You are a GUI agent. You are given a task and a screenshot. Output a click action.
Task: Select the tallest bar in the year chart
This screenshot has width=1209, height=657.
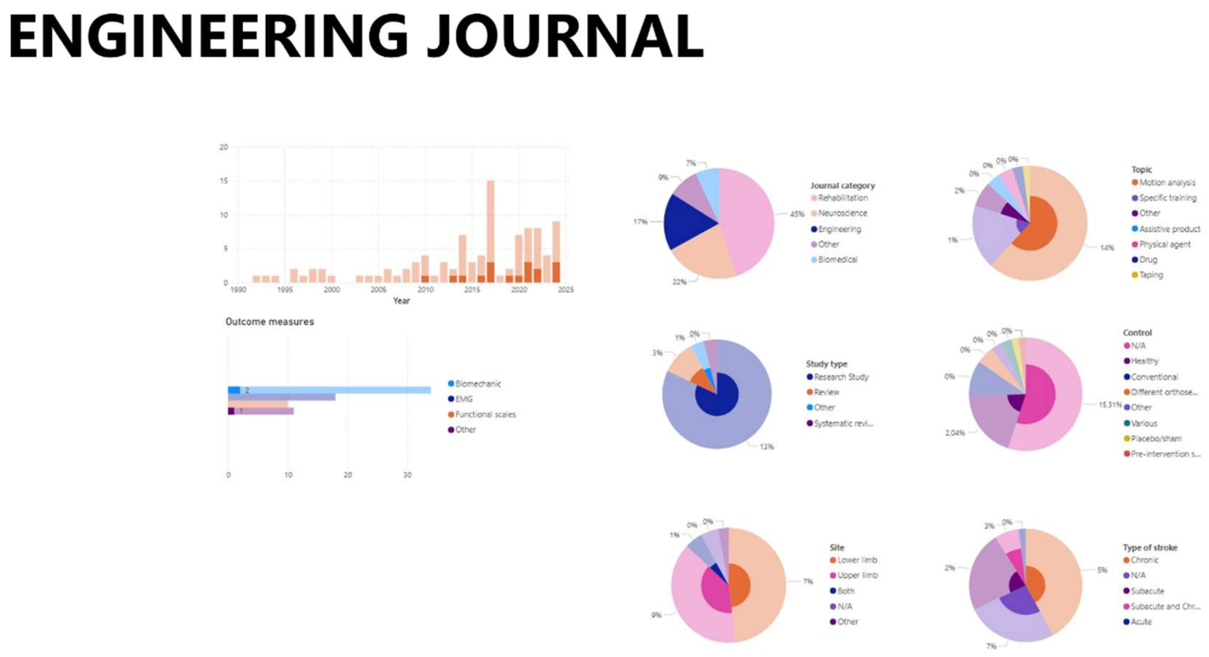point(490,230)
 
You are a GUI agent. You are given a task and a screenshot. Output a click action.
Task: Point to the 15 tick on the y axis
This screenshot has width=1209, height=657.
point(224,181)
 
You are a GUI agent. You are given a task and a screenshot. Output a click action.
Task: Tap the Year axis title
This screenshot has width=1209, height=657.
point(401,301)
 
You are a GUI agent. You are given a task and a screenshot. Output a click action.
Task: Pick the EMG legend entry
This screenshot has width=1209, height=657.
point(463,399)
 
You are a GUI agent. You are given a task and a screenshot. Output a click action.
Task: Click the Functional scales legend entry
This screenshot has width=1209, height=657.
point(485,414)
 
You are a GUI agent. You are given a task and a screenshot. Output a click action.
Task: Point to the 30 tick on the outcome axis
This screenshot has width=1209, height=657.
point(407,475)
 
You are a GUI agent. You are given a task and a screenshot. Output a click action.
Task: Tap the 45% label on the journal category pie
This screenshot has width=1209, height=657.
point(797,214)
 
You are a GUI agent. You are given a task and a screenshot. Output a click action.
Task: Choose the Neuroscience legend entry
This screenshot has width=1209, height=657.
point(842,213)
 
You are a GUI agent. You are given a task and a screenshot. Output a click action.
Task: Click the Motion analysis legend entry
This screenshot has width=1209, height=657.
point(1167,183)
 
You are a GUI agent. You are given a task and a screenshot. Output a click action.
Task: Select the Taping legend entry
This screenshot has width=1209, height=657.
point(1150,275)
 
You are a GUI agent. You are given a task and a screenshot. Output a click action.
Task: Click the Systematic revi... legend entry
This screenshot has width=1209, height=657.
point(843,423)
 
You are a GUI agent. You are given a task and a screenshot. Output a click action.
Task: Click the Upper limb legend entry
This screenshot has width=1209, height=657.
point(857,575)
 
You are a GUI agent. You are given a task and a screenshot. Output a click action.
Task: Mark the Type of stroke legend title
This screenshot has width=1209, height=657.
point(1149,548)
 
